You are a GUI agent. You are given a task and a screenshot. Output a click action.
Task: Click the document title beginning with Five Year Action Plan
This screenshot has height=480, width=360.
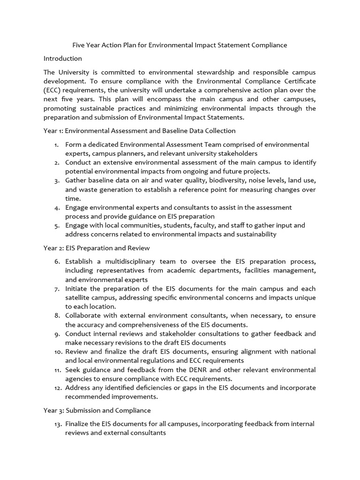pos(179,45)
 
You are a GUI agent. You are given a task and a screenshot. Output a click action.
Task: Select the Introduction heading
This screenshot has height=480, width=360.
pos(63,59)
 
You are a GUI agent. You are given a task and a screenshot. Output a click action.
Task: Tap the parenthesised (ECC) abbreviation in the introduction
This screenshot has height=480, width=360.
pos(52,90)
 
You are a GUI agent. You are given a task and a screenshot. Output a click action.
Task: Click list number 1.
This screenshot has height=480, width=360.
pos(56,144)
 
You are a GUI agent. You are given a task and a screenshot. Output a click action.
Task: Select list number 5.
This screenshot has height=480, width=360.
pos(56,225)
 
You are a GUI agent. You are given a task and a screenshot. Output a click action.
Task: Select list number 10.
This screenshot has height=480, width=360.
pos(55,352)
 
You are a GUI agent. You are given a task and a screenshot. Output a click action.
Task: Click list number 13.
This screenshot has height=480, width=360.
pos(55,424)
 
